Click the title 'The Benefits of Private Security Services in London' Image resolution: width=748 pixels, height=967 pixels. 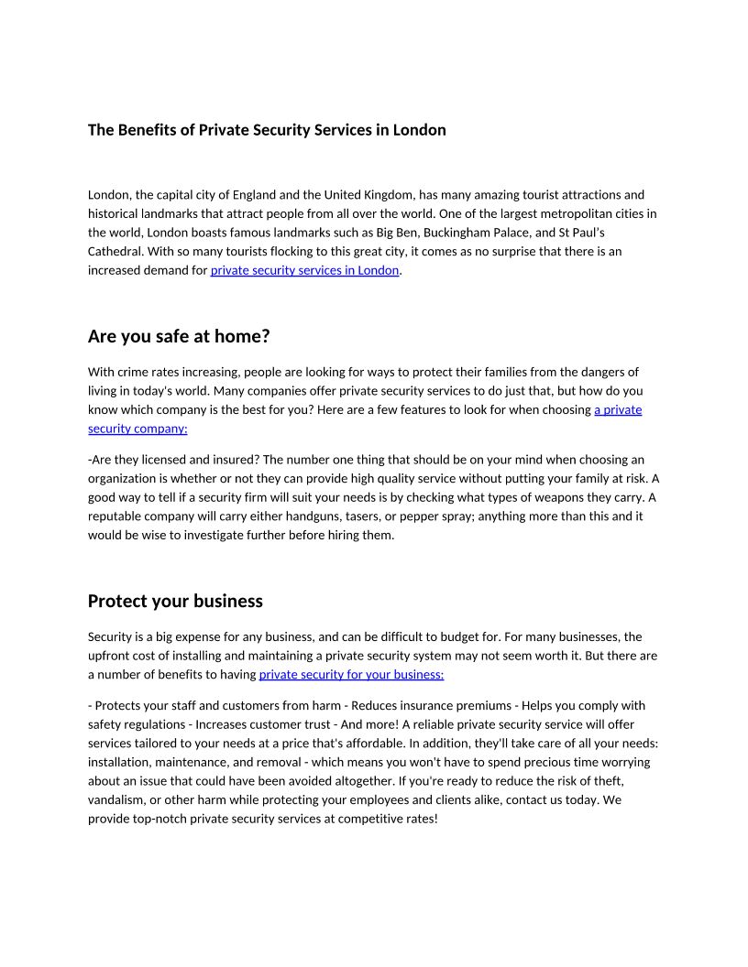tap(267, 130)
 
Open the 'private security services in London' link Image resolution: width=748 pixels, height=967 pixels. tap(304, 270)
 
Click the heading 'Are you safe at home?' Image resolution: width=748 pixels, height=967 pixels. tap(179, 337)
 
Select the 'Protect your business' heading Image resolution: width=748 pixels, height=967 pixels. tap(175, 601)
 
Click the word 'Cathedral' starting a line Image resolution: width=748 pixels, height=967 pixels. tap(115, 251)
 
